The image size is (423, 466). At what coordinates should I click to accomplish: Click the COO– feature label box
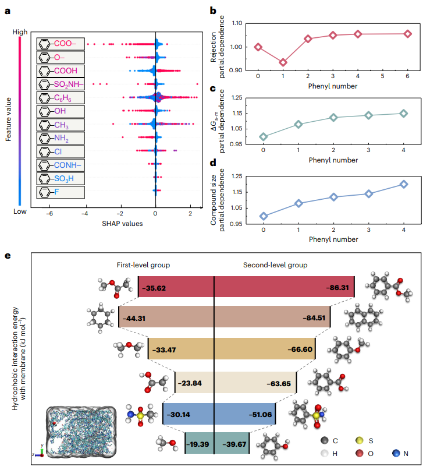click(x=61, y=44)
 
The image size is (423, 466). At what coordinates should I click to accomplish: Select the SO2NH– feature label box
click(x=61, y=84)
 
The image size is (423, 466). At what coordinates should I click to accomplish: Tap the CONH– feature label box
click(x=61, y=164)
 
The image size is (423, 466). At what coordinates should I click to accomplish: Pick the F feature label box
click(x=61, y=191)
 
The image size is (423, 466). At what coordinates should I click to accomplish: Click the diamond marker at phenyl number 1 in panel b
click(x=283, y=62)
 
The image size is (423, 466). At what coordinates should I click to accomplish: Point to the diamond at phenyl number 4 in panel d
click(x=404, y=184)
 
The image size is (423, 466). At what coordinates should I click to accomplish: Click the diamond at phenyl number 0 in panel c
click(x=264, y=137)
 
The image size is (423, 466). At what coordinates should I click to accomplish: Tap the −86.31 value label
click(x=337, y=288)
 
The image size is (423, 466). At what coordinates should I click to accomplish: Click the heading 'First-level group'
click(x=143, y=264)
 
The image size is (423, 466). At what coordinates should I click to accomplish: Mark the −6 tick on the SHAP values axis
click(x=50, y=213)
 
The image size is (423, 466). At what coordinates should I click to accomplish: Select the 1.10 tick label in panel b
click(x=235, y=23)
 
